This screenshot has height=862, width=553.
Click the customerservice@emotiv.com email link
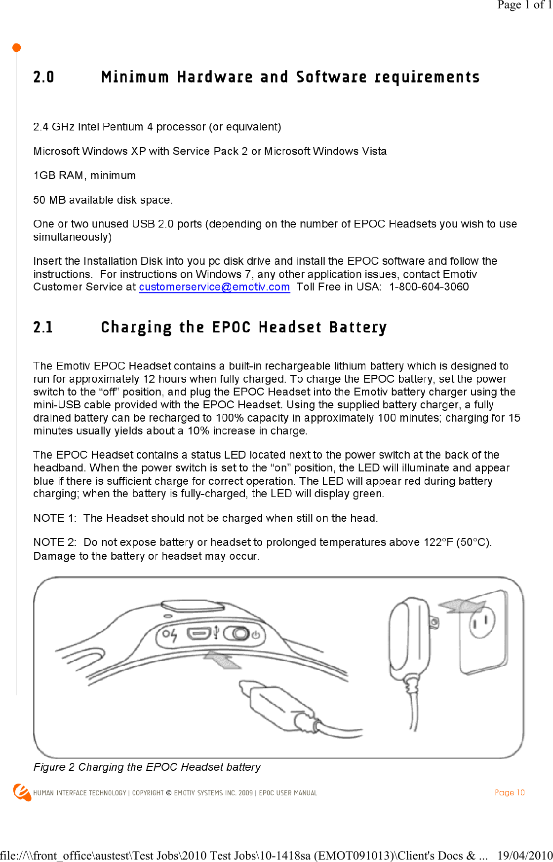pos(214,287)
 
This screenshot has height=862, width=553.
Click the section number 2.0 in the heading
pos(43,77)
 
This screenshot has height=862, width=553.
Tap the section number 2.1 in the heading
pos(43,327)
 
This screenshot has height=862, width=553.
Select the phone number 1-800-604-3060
pos(429,287)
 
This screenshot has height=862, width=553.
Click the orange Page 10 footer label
pos(510,792)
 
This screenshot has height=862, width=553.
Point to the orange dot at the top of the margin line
pos(16,48)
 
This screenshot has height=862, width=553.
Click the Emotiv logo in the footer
pos(22,792)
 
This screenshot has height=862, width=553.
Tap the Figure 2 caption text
pos(147,767)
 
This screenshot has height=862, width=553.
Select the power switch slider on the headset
pos(238,634)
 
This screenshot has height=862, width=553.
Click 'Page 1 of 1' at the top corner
pos(524,5)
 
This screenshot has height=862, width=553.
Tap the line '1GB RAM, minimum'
pos(84,176)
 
